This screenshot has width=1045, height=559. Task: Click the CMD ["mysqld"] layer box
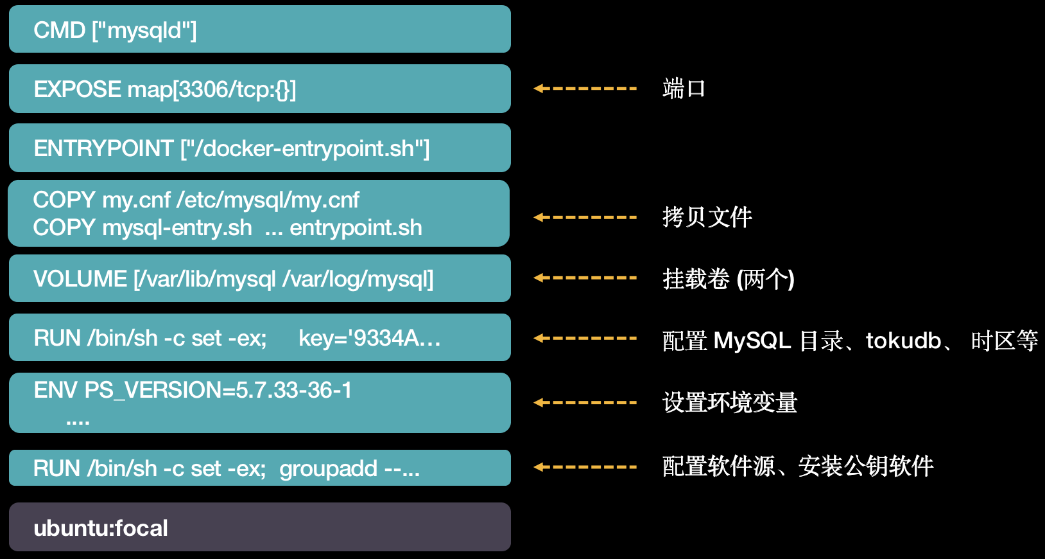pos(259,30)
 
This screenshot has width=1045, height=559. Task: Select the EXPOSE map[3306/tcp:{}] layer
pos(259,89)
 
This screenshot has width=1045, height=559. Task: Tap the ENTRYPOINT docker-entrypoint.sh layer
pos(259,148)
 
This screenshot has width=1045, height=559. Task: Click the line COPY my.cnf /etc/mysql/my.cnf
pos(196,200)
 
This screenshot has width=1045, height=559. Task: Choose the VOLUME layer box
pos(259,278)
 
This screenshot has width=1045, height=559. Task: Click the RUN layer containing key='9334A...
pos(259,337)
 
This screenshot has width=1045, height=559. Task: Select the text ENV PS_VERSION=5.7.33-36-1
pos(193,390)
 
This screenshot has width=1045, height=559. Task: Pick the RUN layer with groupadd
pos(259,468)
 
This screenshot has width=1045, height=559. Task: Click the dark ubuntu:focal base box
pos(259,527)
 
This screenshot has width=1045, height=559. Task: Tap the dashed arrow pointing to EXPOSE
pos(585,89)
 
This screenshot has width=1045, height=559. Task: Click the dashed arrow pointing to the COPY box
pos(585,217)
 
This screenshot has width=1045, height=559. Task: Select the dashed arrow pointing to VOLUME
pos(585,278)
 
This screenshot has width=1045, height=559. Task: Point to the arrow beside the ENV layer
pos(585,403)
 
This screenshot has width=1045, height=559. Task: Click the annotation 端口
pos(684,89)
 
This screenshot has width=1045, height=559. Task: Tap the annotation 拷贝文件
pos(707,217)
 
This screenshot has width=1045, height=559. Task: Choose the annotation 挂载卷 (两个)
pos(728,279)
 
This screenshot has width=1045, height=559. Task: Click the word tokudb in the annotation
pos(903,341)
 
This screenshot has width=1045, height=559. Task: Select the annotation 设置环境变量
pos(730,403)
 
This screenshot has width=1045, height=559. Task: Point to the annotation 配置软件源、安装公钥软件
pos(797,466)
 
